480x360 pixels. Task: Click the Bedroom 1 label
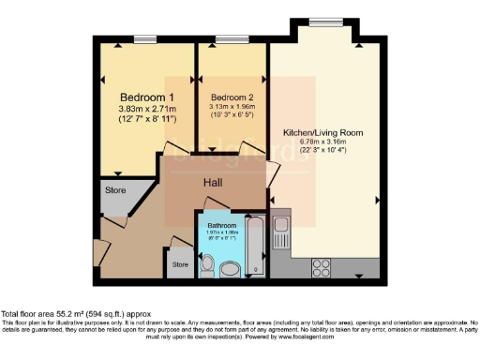click(x=147, y=97)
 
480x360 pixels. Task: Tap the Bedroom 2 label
click(x=230, y=97)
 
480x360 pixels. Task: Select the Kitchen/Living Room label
click(x=322, y=133)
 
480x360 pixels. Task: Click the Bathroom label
click(x=221, y=226)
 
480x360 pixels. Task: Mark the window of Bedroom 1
click(x=144, y=39)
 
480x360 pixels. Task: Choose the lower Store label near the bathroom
click(x=180, y=265)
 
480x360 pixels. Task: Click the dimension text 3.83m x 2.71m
click(x=147, y=110)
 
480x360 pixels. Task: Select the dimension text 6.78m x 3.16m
click(x=322, y=143)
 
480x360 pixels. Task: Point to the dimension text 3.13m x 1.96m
click(x=230, y=106)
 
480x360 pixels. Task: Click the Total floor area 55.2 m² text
click(x=75, y=313)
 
